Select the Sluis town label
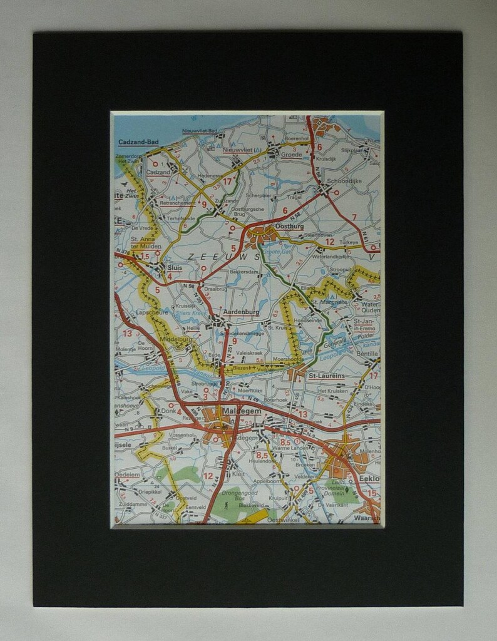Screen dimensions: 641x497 click(x=175, y=267)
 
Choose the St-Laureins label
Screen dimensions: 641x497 click(x=326, y=376)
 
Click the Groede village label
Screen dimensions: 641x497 click(x=291, y=154)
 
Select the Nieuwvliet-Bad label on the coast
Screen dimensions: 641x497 click(x=200, y=131)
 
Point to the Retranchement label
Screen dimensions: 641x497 click(x=178, y=203)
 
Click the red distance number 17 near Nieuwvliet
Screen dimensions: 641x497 click(x=227, y=182)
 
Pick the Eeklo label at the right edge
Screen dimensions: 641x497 click(x=369, y=478)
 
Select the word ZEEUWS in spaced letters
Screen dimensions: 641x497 click(x=223, y=257)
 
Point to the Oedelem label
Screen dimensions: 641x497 click(x=127, y=474)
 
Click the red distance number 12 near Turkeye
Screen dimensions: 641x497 click(x=329, y=241)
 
